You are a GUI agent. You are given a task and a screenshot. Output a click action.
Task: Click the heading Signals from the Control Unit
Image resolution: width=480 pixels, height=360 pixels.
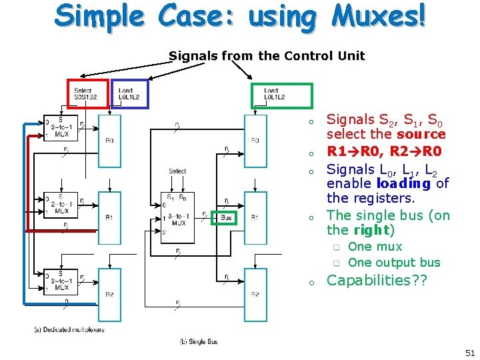(267, 56)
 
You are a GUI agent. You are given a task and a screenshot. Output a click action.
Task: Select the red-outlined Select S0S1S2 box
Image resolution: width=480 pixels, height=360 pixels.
(87, 94)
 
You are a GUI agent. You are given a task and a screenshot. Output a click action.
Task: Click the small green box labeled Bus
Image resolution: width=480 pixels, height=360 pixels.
(225, 218)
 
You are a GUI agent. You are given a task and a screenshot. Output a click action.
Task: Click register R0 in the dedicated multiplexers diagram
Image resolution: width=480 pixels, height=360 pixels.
(109, 140)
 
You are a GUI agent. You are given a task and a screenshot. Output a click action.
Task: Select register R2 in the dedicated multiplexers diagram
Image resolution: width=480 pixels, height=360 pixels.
(109, 294)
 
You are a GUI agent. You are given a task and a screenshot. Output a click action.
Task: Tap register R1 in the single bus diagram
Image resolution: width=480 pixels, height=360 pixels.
(255, 217)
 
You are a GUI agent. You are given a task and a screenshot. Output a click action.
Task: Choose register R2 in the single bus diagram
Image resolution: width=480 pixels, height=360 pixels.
(255, 294)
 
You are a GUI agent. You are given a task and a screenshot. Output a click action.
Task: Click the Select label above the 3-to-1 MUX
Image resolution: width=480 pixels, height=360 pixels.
(177, 171)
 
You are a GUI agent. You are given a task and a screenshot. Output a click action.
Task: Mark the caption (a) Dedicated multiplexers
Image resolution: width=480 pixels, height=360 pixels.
(69, 329)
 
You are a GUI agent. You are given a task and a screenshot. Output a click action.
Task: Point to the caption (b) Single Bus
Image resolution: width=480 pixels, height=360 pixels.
(199, 342)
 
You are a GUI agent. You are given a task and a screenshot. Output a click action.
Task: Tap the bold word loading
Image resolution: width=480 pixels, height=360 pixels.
(403, 183)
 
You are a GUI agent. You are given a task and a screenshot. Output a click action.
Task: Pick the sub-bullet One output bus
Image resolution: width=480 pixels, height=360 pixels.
(394, 262)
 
